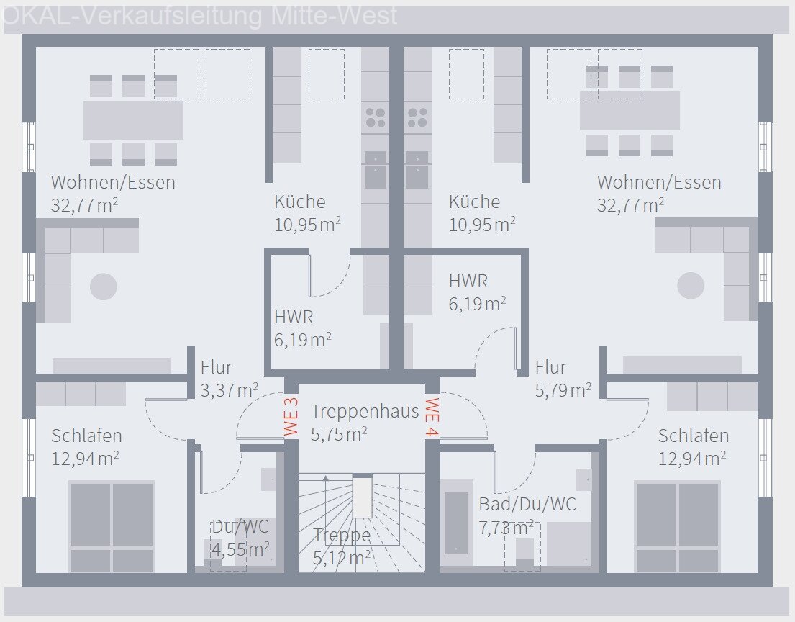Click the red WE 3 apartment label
pyautogui.click(x=291, y=417)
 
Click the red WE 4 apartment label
pyautogui.click(x=432, y=417)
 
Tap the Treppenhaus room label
pyautogui.click(x=365, y=411)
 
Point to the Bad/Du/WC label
pyautogui.click(x=527, y=505)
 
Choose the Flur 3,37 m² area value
pyautogui.click(x=230, y=390)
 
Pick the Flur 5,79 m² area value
pyautogui.click(x=563, y=390)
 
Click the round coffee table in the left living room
pyautogui.click(x=103, y=287)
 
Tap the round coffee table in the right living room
pyautogui.click(x=691, y=286)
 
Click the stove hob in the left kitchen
pyautogui.click(x=375, y=117)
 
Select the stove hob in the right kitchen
pyautogui.click(x=417, y=117)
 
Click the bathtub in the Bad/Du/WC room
pyautogui.click(x=456, y=522)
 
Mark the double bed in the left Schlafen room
pyautogui.click(x=112, y=526)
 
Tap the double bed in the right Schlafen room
pyautogui.click(x=677, y=526)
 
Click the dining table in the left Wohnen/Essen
pyautogui.click(x=133, y=120)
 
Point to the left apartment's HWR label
pyautogui.click(x=294, y=317)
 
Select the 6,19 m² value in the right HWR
pyautogui.click(x=477, y=305)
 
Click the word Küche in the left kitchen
pyautogui.click(x=299, y=202)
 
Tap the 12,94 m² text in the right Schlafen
pyautogui.click(x=691, y=459)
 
